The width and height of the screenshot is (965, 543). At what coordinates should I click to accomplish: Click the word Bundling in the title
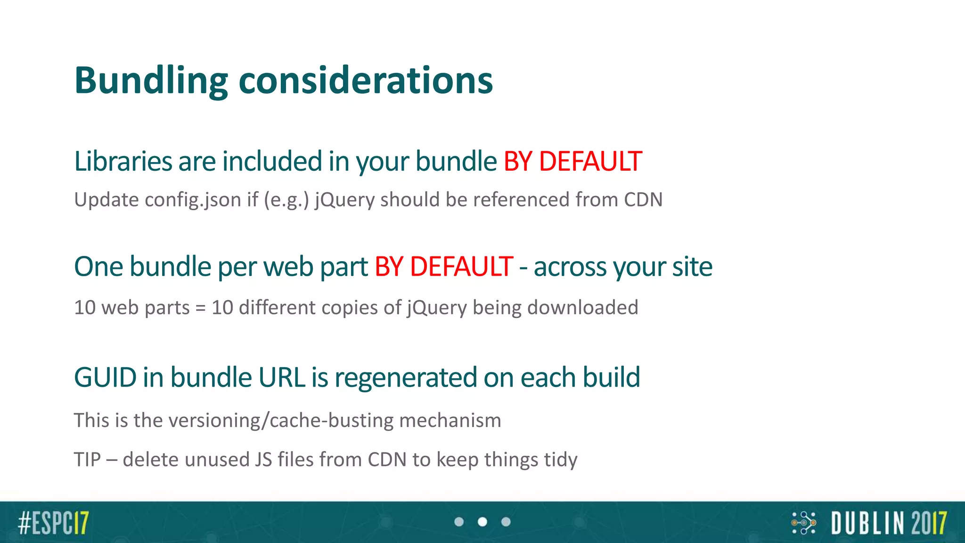151,81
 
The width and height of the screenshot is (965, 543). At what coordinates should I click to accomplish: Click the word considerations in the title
366,81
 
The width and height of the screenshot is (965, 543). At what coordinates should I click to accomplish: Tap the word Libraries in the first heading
123,161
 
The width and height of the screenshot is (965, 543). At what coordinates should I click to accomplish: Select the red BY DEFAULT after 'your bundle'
572,161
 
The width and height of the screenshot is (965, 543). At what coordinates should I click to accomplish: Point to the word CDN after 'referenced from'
643,200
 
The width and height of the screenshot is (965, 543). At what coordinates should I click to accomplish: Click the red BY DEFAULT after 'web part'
443,267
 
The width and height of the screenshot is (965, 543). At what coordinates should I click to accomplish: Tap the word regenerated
406,378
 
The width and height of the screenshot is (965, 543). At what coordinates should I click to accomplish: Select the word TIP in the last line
87,460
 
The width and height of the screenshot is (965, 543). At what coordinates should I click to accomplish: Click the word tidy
560,460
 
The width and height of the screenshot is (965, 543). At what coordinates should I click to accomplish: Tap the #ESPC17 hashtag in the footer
53,522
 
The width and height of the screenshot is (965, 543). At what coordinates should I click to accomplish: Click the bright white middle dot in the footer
482,522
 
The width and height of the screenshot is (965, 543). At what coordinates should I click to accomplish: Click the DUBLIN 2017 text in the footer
889,523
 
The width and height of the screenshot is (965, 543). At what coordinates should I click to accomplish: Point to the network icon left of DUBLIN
804,523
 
